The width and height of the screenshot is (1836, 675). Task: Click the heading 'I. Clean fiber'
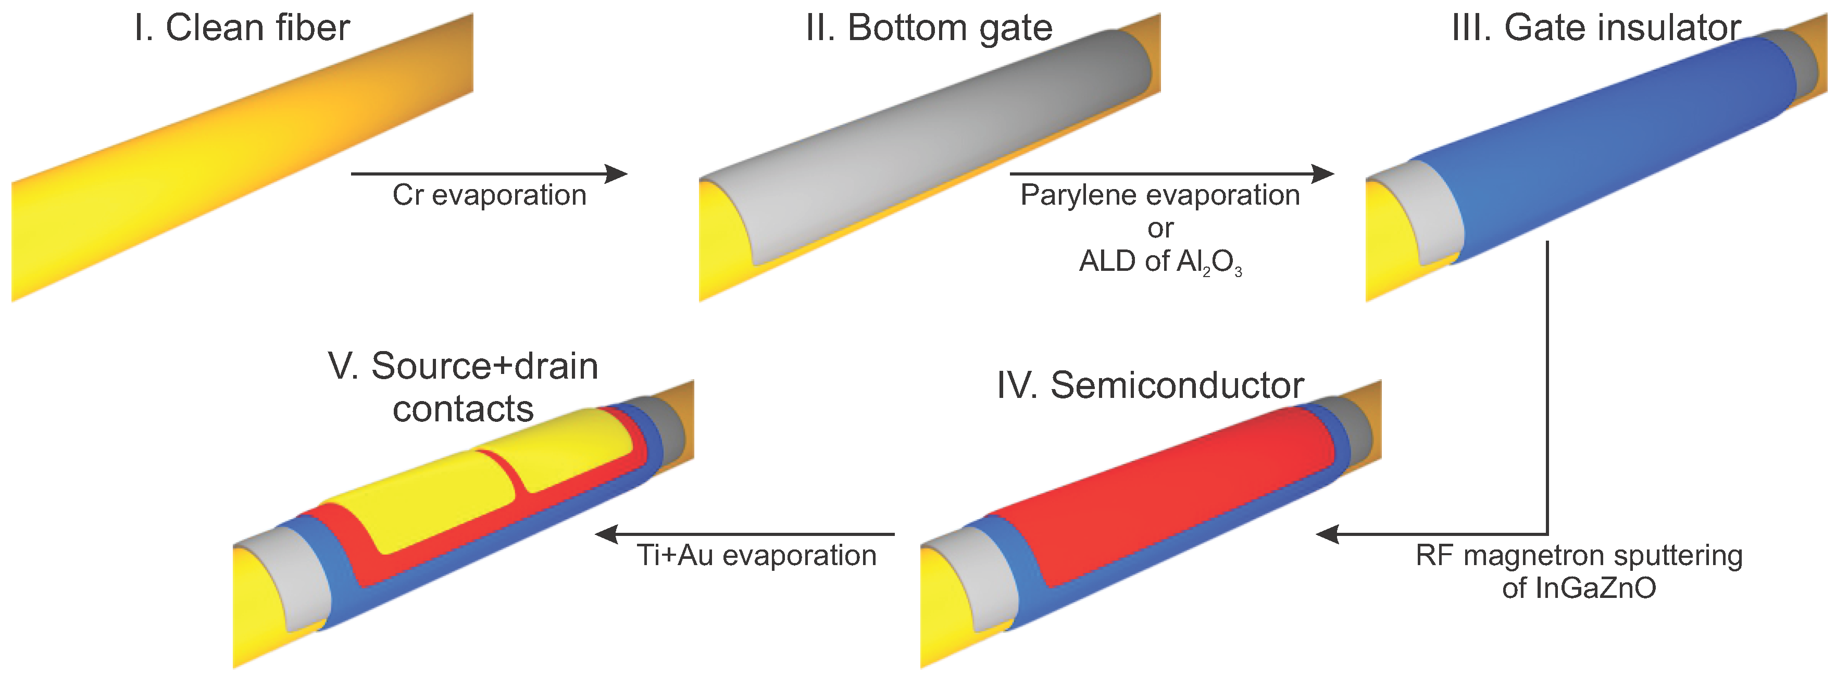242,29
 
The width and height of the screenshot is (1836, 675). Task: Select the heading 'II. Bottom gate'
928,29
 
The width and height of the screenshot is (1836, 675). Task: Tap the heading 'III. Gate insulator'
1596,29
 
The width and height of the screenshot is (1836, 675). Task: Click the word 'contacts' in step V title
463,409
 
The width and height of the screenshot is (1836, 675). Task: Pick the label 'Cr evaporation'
489,195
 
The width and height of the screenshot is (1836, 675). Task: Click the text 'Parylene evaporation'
1159,195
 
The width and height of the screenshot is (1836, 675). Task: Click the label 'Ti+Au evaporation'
756,555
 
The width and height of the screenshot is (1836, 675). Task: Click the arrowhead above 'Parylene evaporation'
1323,173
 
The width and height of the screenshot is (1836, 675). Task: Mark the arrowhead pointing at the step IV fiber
1327,534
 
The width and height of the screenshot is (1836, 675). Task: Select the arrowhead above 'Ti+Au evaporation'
607,534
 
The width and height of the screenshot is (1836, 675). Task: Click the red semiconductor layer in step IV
1169,499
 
